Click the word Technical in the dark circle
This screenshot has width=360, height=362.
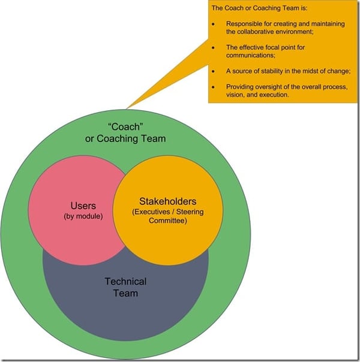(125, 282)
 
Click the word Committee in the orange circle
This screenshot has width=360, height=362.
(167, 221)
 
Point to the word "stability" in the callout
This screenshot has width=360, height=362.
(270, 71)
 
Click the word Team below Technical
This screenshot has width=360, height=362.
(125, 293)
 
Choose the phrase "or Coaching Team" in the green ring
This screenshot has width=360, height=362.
(125, 139)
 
